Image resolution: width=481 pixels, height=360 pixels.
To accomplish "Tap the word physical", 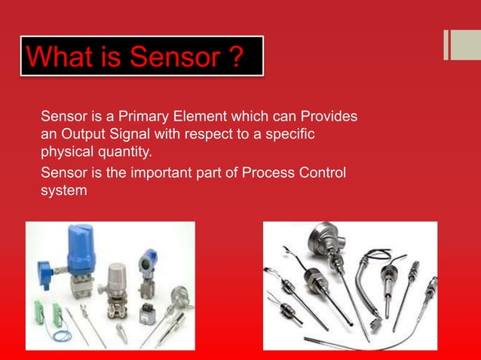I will (x=66, y=153).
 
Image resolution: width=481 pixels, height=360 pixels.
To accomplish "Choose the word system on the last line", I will (x=64, y=191).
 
